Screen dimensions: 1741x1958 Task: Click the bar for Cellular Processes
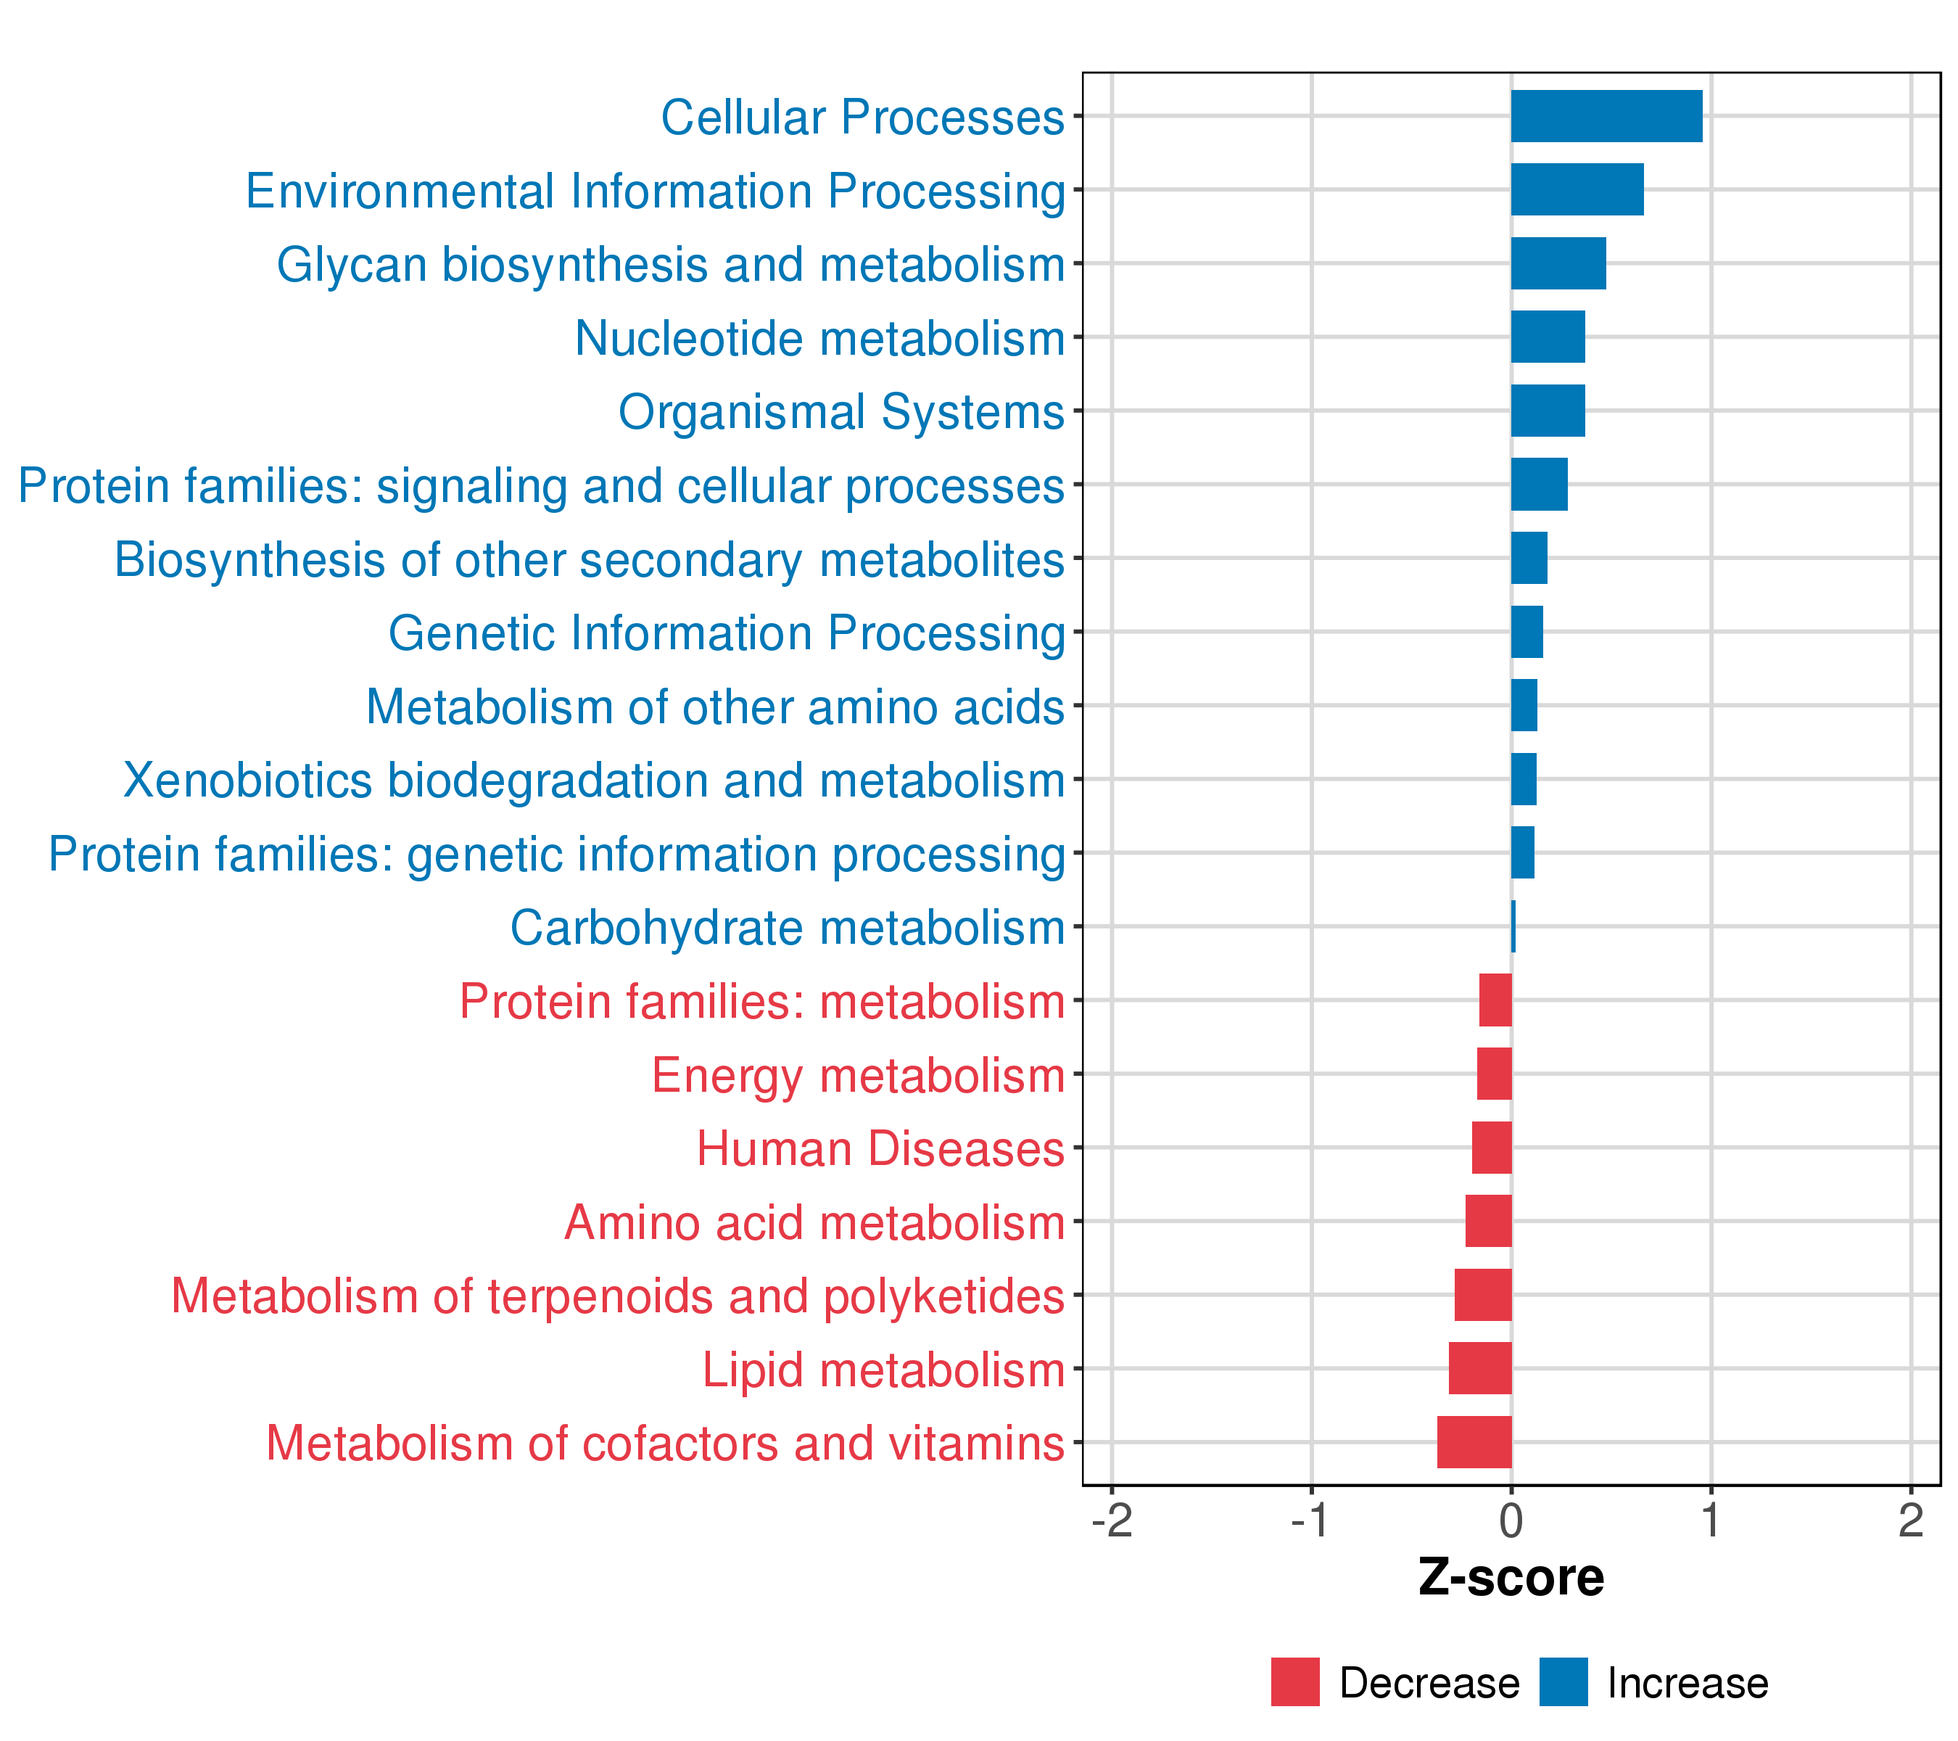[1606, 116]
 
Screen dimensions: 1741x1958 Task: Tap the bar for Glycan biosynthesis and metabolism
[1558, 263]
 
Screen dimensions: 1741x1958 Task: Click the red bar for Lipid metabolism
[1480, 1368]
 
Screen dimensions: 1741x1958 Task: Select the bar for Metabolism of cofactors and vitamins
[1474, 1442]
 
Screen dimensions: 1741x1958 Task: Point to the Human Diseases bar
[1492, 1148]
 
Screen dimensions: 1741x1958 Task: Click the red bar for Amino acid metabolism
[1489, 1222]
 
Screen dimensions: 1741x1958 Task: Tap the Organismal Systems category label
[841, 412]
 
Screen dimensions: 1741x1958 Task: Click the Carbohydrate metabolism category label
[788, 928]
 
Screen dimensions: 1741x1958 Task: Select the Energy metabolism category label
[859, 1075]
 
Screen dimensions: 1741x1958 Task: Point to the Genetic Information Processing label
[726, 633]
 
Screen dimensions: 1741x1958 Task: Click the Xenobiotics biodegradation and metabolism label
[594, 781]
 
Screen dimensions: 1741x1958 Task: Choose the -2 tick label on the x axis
[1112, 1522]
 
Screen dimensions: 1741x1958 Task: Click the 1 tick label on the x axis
[1711, 1522]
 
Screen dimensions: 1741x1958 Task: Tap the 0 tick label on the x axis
[1511, 1522]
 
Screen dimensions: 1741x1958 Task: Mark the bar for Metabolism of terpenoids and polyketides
[1483, 1296]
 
